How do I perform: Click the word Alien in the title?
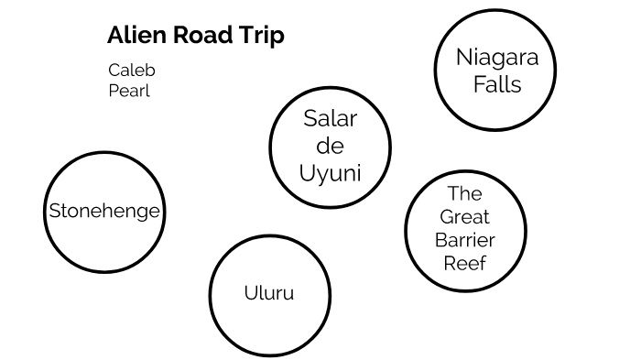coord(134,36)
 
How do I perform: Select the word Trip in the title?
coord(261,37)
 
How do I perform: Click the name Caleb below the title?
coord(131,71)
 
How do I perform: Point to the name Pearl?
coord(128,91)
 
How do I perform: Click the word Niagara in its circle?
coord(492,59)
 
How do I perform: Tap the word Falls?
coord(493,84)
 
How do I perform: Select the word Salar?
coord(330,118)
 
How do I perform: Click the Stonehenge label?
coord(104,211)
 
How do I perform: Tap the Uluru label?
coord(269,293)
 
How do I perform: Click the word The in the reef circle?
coord(464,193)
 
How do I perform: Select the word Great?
coord(464,217)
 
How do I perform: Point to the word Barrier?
coord(464,240)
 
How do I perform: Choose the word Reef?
coord(464,264)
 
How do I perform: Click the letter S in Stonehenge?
coord(54,211)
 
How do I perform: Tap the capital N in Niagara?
coord(463,59)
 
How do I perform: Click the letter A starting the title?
coord(114,36)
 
